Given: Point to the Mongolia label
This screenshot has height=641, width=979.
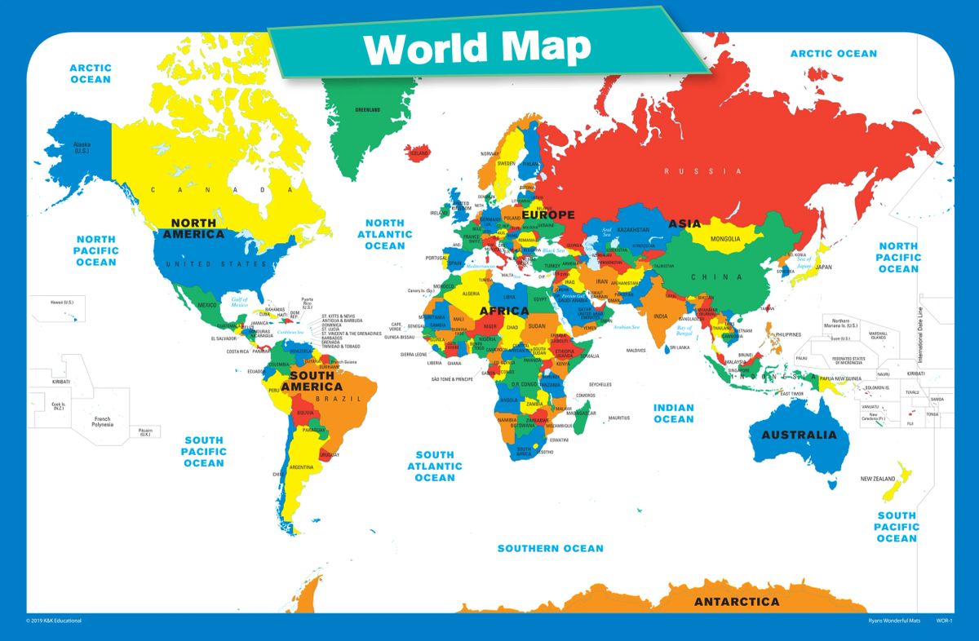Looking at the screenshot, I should coord(726,239).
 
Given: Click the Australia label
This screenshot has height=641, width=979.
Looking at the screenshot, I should coord(799,435).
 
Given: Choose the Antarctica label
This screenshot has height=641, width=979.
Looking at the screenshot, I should coord(736,602).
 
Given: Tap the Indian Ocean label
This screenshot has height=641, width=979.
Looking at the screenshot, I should coord(673,413).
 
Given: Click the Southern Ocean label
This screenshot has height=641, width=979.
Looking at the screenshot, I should coord(551,548).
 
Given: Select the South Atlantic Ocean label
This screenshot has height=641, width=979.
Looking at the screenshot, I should coord(434,466).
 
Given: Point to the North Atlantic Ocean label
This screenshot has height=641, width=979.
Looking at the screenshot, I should coord(384,234).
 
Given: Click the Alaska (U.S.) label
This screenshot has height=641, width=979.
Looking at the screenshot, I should coord(82,148).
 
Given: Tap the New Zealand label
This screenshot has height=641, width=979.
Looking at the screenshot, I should coord(877,479).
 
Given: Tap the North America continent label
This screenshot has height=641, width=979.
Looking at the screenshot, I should coord(193,228).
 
